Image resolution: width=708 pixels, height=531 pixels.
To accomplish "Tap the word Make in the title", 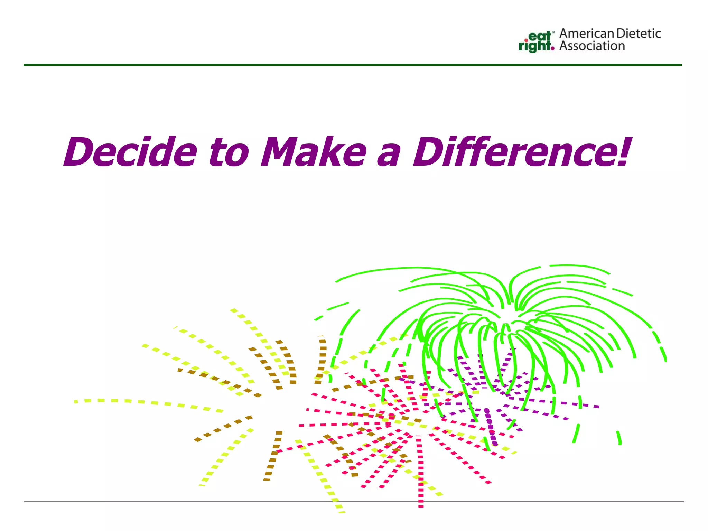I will tap(313, 152).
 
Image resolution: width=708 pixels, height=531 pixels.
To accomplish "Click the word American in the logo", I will tap(586, 34).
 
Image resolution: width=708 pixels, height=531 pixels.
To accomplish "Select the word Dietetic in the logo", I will tap(639, 34).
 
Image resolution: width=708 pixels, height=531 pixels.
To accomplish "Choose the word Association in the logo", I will tap(592, 46).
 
